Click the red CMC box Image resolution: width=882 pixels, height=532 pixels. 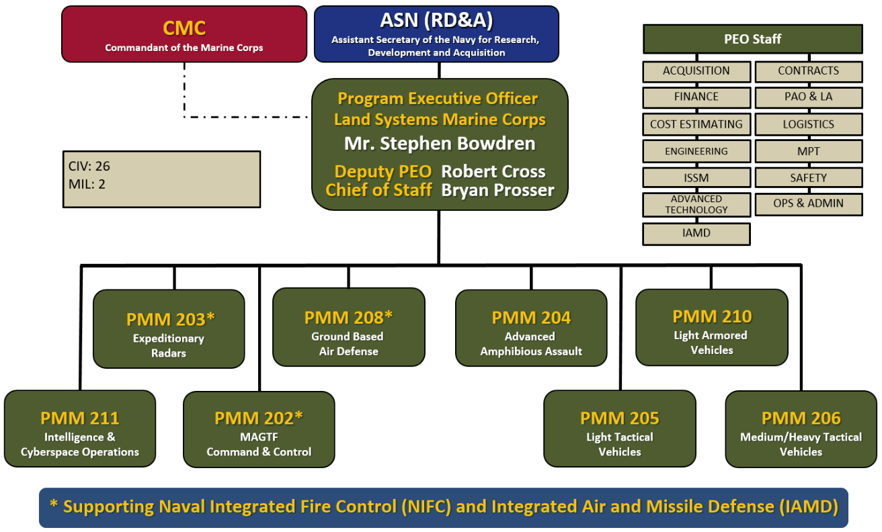click(184, 34)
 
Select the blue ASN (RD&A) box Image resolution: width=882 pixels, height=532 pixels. click(436, 34)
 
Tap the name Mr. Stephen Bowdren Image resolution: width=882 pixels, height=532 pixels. click(440, 144)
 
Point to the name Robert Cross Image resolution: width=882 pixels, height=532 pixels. click(493, 171)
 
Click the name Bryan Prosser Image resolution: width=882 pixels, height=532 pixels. click(497, 190)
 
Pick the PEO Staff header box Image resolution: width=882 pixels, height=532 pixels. click(752, 39)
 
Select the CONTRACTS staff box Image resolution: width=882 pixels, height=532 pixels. click(808, 71)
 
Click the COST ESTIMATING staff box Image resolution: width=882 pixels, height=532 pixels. click(696, 124)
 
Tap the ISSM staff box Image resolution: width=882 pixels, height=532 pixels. click(696, 178)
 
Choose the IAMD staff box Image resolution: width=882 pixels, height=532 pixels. click(696, 233)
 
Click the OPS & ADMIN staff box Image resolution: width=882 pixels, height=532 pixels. click(808, 204)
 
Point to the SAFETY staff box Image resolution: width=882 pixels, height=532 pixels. click(808, 178)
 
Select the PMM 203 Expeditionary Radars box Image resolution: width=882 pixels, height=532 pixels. click(168, 329)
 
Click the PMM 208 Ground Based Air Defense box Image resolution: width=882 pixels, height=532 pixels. click(348, 327)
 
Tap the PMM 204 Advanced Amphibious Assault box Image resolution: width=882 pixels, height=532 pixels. click(531, 328)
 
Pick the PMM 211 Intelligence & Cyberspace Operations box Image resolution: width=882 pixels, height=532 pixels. click(80, 429)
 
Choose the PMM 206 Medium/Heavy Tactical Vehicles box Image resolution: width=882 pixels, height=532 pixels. click(801, 429)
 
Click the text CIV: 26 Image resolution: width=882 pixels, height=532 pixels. click(90, 167)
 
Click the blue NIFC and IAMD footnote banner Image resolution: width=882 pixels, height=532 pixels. click(443, 507)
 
